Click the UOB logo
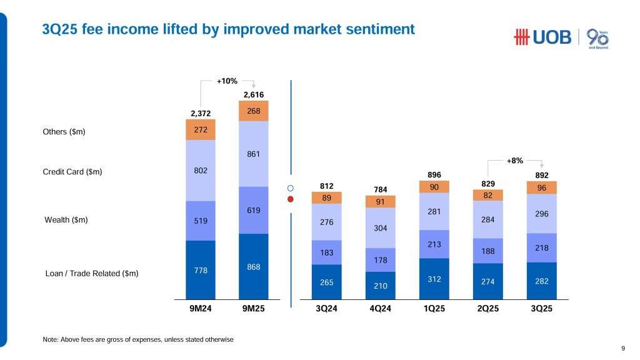tap(542, 37)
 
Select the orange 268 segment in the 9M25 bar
tap(253, 111)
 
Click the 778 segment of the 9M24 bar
tap(201, 270)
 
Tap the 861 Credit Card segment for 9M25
tap(253, 153)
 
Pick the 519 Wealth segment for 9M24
tap(201, 220)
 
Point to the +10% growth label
tap(227, 81)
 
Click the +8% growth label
tap(516, 161)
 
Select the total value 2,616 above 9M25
tap(253, 94)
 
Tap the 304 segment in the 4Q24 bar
tap(381, 227)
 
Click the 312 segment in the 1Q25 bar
tap(435, 279)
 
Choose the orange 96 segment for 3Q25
tap(541, 187)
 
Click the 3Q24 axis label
tap(327, 309)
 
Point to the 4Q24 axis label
tap(381, 309)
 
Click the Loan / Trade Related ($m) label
tap(92, 274)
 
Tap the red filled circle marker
tap(291, 199)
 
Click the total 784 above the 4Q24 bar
tap(381, 189)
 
